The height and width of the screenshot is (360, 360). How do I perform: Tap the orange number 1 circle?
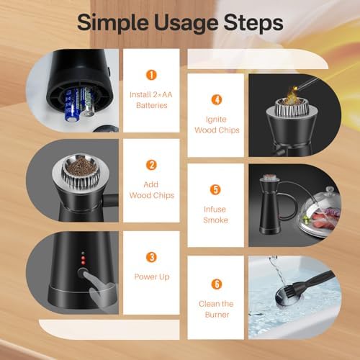point(151,74)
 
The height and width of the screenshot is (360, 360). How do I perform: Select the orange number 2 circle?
point(151,165)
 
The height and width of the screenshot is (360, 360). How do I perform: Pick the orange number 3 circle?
point(151,257)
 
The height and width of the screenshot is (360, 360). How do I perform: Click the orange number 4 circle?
point(216,100)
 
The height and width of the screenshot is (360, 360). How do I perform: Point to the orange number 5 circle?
point(216,190)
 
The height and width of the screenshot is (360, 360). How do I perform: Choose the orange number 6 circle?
point(216,283)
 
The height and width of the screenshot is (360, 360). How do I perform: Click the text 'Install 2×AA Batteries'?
point(151,100)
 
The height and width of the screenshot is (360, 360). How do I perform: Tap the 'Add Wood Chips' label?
point(151,190)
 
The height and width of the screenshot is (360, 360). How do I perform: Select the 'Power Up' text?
point(151,276)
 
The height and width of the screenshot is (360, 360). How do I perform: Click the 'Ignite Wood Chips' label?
point(216,124)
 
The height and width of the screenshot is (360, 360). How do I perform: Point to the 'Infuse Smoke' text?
point(216,215)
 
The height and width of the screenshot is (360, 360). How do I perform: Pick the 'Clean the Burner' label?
point(216,308)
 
